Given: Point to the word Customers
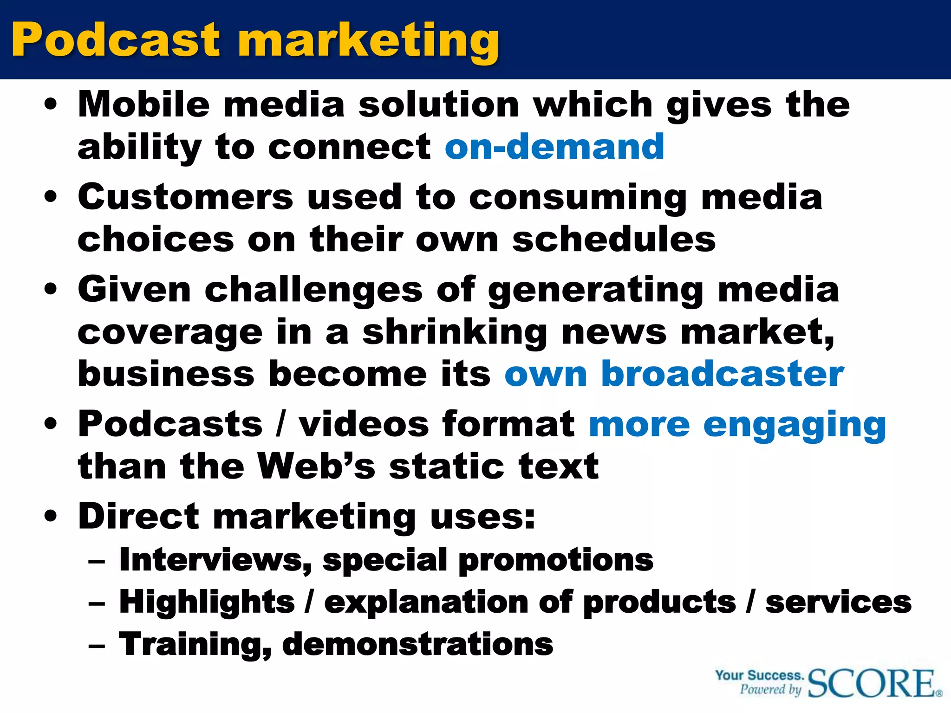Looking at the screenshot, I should (x=185, y=197).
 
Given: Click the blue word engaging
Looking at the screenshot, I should (x=795, y=425).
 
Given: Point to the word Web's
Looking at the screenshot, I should (x=316, y=466).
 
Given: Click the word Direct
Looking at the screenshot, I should (x=138, y=516).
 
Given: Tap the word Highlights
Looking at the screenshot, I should (x=207, y=602).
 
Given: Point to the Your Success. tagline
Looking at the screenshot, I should (x=759, y=675).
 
